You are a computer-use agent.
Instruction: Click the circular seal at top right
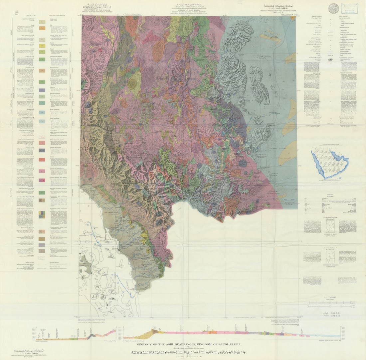[x=333, y=8]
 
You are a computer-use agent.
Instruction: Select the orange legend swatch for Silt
[x=42, y=29]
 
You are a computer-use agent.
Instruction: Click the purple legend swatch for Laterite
[x=42, y=90]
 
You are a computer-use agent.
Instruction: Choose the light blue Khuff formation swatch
[x=42, y=112]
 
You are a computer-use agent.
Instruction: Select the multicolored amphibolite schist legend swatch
[x=42, y=215]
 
